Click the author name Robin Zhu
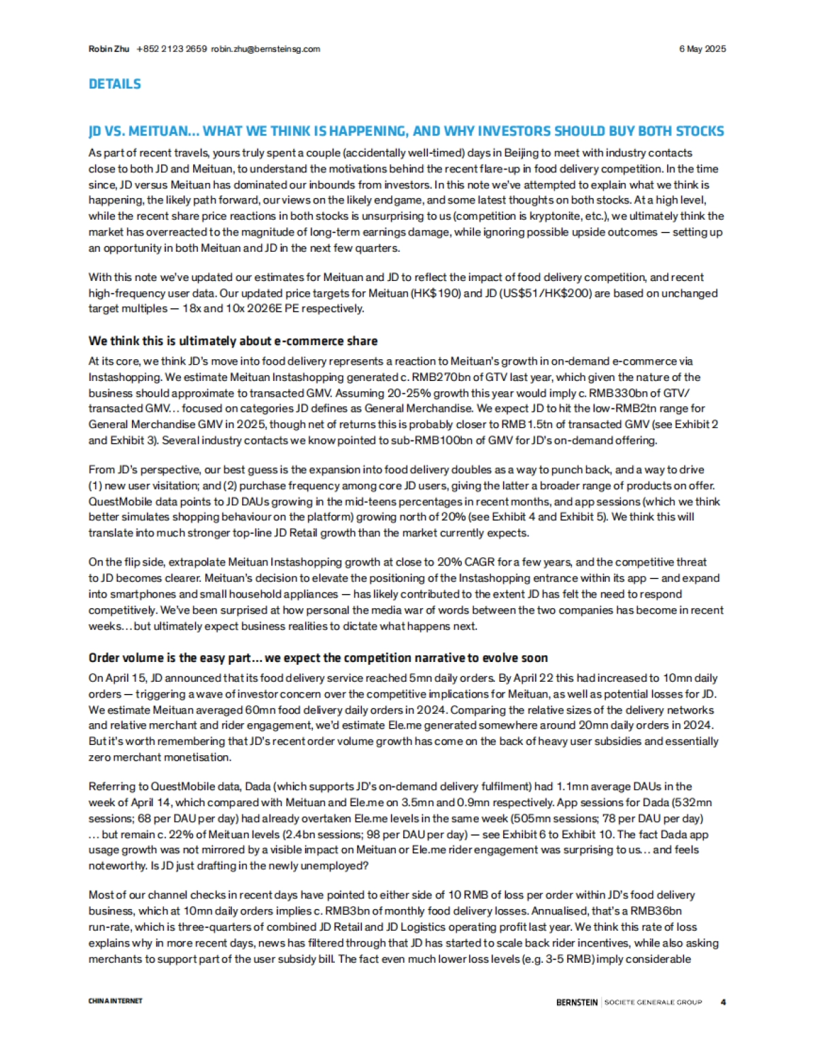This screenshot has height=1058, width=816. click(109, 49)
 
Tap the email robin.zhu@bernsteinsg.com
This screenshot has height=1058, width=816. click(265, 49)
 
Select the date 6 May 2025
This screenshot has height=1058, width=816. click(702, 49)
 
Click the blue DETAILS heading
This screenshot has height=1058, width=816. click(115, 84)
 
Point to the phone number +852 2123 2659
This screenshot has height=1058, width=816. click(171, 49)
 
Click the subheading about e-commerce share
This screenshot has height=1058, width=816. click(233, 341)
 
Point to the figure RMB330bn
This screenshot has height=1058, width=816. click(596, 393)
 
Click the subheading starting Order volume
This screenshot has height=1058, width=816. click(318, 658)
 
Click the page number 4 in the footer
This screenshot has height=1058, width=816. click(723, 1002)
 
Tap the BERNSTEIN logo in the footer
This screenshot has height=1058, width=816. click(577, 1002)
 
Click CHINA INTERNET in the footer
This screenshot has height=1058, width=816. click(116, 1001)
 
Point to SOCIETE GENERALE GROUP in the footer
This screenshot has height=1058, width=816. click(653, 1002)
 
